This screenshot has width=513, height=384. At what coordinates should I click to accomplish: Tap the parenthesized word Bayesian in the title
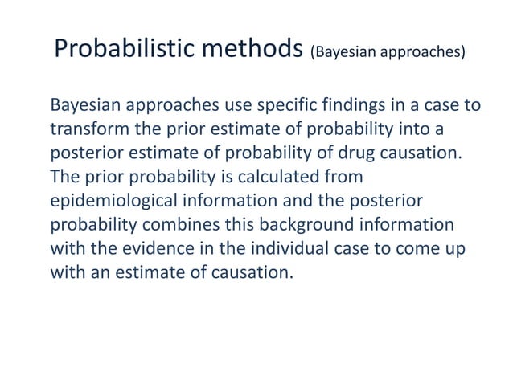[x=342, y=54]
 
